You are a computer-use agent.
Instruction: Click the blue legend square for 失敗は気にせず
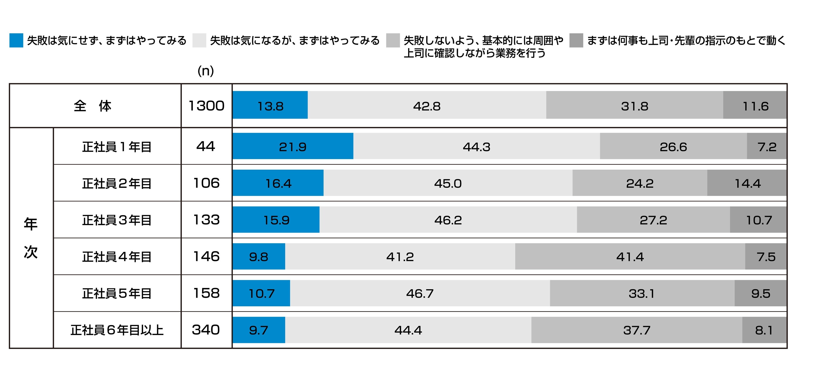(x=16, y=40)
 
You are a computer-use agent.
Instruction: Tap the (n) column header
(x=206, y=71)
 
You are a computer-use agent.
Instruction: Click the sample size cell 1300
(x=206, y=106)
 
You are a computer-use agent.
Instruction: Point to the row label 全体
(x=93, y=106)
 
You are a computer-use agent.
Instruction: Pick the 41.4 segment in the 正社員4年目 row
(x=630, y=256)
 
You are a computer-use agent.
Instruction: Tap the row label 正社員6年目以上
(x=117, y=330)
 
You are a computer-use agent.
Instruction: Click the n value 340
(x=206, y=330)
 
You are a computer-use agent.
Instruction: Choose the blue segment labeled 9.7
(x=259, y=330)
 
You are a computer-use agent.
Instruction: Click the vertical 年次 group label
(x=31, y=238)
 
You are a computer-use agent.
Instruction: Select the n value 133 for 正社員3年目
(x=206, y=220)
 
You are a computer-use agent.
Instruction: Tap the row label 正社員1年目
(x=117, y=147)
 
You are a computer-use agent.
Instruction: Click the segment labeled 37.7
(x=636, y=330)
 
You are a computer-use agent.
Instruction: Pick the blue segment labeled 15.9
(x=276, y=220)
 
